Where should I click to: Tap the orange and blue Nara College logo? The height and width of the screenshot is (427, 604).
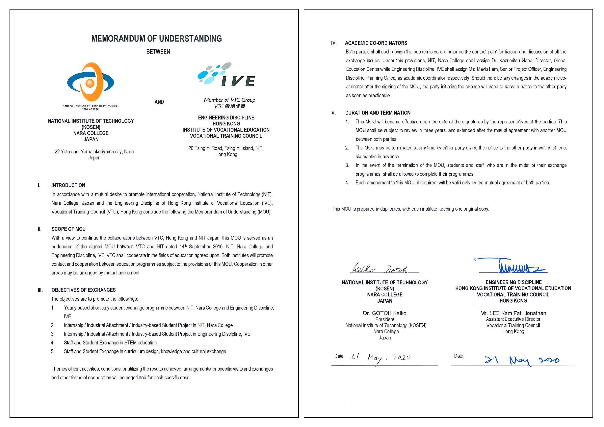click(91, 82)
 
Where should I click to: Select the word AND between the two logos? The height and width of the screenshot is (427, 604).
click(159, 102)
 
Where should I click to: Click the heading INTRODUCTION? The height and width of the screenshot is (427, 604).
click(68, 185)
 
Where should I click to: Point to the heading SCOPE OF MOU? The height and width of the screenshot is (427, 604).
click(68, 229)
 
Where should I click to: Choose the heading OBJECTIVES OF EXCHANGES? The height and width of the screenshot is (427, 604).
click(83, 290)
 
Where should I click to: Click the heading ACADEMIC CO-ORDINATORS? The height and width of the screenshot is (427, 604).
click(376, 43)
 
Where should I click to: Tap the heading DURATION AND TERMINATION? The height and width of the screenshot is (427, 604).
click(378, 113)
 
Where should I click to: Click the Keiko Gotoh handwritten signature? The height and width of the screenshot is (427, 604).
click(380, 269)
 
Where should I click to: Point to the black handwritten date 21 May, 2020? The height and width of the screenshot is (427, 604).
click(380, 358)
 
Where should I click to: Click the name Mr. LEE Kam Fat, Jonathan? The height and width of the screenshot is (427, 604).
click(513, 313)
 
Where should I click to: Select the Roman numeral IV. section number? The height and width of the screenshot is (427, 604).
click(334, 43)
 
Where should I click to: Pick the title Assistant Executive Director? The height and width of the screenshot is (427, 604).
click(513, 319)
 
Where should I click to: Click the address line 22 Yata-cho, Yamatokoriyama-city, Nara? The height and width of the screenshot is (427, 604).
click(94, 152)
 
